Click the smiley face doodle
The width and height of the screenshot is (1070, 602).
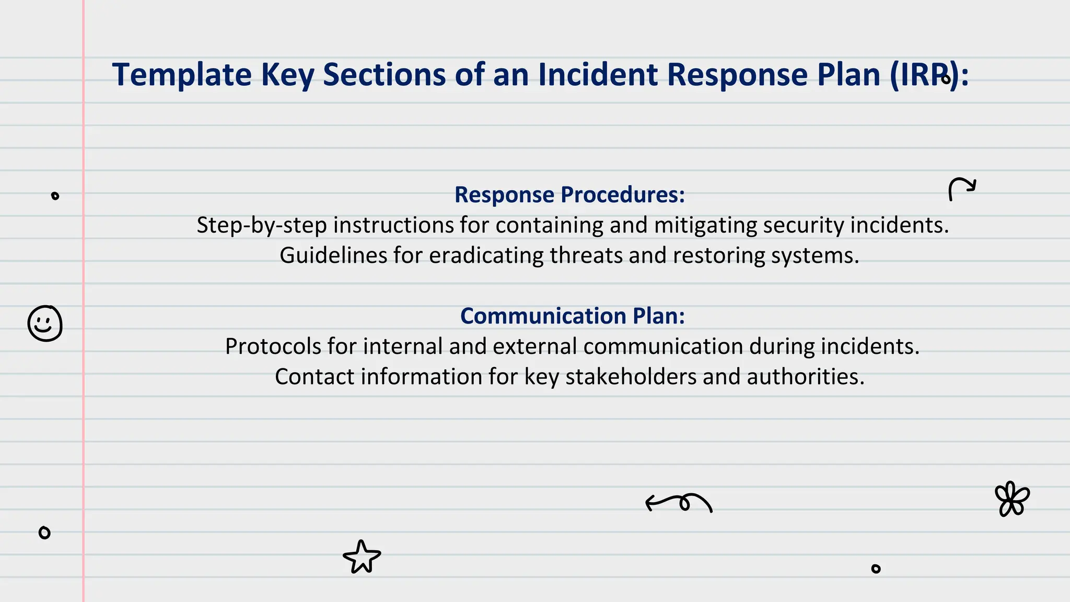point(45,323)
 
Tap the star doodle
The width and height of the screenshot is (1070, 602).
point(362,557)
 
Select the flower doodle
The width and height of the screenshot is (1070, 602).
point(1012,499)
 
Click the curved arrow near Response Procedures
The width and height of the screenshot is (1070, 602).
point(961,189)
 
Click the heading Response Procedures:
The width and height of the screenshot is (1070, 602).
point(569,195)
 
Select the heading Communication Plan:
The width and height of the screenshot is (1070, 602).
point(572,316)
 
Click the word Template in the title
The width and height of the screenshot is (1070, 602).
point(182,75)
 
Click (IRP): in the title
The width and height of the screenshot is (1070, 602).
point(929,75)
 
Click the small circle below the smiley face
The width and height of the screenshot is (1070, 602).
point(44,532)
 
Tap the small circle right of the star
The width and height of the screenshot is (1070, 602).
point(876,569)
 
